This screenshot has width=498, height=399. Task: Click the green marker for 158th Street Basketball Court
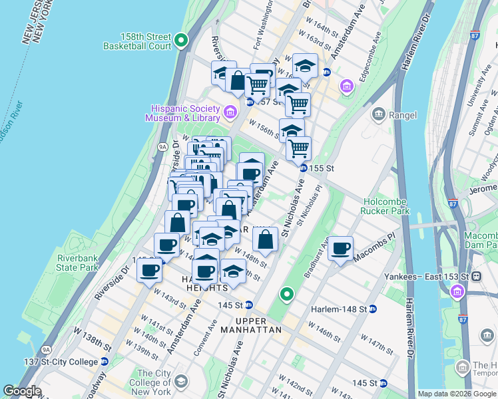pyautogui.click(x=182, y=42)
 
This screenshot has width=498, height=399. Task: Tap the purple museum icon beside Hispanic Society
pyautogui.click(x=230, y=111)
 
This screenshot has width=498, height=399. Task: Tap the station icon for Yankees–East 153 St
pyautogui.click(x=476, y=276)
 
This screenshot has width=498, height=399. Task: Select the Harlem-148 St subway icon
pyautogui.click(x=373, y=309)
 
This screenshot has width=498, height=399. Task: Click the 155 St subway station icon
pyautogui.click(x=303, y=169)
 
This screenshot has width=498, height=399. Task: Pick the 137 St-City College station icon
pyautogui.click(x=104, y=361)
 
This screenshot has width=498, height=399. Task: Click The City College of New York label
pyautogui.click(x=153, y=382)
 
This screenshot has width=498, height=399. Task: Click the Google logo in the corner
pyautogui.click(x=22, y=391)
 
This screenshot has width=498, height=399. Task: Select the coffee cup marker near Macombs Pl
pyautogui.click(x=341, y=248)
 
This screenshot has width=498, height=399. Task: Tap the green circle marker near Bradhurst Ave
pyautogui.click(x=287, y=293)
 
